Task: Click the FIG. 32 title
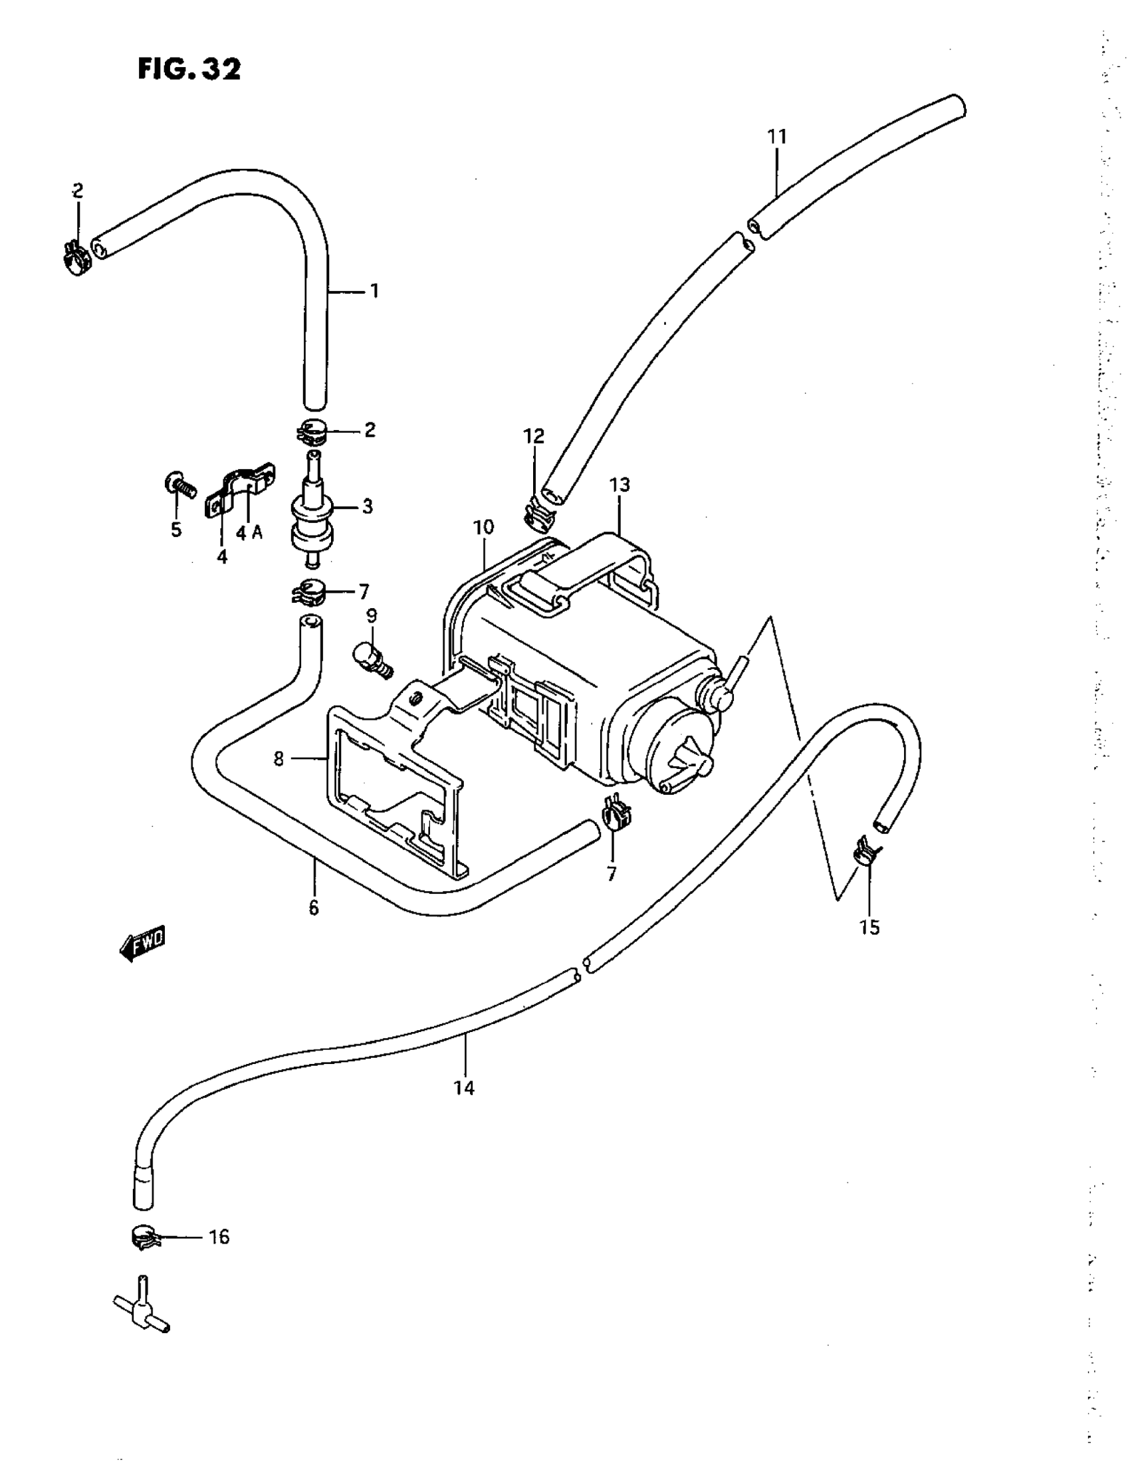tap(189, 69)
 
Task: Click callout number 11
tap(777, 137)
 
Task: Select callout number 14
tap(464, 1089)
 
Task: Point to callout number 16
tap(219, 1237)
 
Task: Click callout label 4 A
tap(249, 532)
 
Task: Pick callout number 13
tap(620, 484)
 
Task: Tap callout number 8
tap(279, 759)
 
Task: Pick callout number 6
tap(314, 908)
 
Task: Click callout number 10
tap(483, 528)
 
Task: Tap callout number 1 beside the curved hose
tap(374, 291)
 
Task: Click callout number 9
tap(372, 615)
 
